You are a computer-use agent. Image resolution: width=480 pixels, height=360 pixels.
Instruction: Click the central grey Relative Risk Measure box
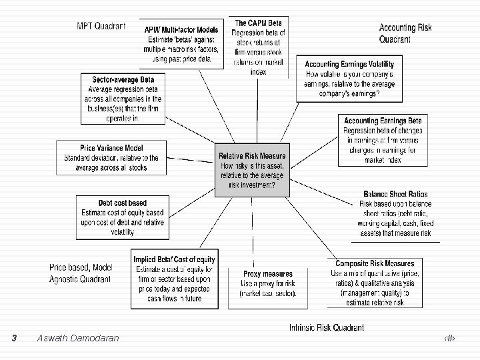[252, 170]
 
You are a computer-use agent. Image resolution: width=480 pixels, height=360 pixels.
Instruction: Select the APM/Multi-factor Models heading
[181, 30]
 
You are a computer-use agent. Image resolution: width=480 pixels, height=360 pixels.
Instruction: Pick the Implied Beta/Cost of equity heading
[175, 259]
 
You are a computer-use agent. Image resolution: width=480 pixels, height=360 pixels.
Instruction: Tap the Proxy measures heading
[268, 274]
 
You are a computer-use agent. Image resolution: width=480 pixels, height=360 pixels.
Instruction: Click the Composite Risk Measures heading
[375, 263]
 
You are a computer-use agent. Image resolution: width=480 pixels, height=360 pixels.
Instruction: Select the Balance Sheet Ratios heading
[396, 194]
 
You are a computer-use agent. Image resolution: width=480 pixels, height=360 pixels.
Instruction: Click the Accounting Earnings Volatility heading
[349, 65]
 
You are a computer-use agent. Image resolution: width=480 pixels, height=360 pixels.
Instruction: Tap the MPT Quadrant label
[101, 26]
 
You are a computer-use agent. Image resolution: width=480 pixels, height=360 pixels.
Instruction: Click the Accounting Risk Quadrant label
[405, 33]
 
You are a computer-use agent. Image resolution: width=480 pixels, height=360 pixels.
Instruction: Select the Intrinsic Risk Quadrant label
[327, 327]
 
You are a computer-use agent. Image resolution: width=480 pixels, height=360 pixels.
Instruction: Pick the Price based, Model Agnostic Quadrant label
[81, 272]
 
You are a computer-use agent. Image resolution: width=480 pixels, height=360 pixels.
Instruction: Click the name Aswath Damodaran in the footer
[79, 338]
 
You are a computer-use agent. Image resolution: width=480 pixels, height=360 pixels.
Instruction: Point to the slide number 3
[15, 338]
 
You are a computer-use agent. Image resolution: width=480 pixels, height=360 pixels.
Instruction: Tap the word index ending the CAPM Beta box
[259, 71]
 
